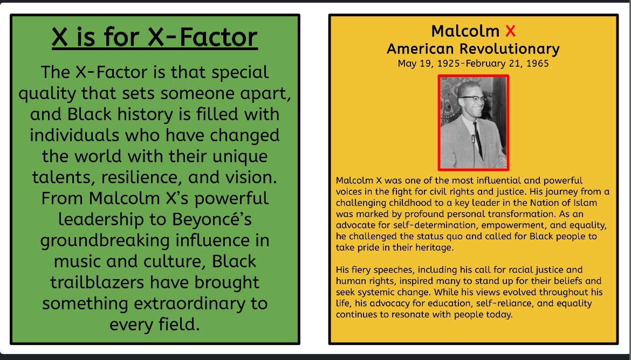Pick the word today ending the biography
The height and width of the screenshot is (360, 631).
pyautogui.click(x=498, y=315)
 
